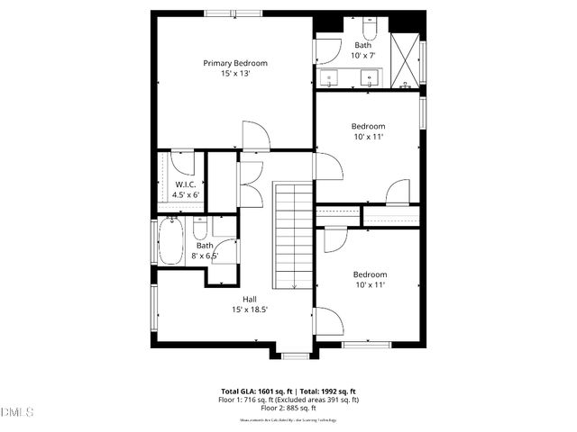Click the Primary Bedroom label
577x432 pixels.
point(235,63)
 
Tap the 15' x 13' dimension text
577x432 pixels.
point(235,74)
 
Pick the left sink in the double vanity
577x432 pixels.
point(331,79)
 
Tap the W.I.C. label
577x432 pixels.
point(187,184)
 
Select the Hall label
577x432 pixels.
point(249,299)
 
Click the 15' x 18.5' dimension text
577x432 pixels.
point(249,310)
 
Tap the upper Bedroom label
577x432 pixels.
point(368,126)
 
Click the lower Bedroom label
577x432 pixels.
point(370,274)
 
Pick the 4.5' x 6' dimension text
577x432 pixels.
point(187,194)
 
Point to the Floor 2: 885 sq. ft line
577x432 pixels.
point(289,408)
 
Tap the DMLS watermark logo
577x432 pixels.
point(17,412)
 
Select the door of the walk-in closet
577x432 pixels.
point(183,162)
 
